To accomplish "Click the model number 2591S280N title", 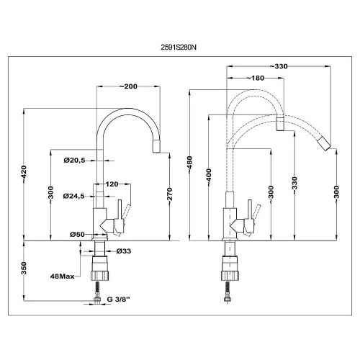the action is click(x=179, y=48).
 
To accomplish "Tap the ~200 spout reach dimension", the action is click(x=128, y=86).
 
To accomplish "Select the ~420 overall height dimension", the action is click(x=24, y=174).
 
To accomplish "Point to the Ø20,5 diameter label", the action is click(x=74, y=161).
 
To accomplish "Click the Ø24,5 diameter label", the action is click(x=74, y=197).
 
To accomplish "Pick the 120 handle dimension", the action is click(x=112, y=184).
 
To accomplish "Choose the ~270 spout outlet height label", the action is click(x=170, y=197).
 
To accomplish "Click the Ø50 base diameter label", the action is click(x=77, y=234).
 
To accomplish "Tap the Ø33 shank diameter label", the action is click(x=124, y=251).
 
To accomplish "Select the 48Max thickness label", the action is click(x=63, y=276).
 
